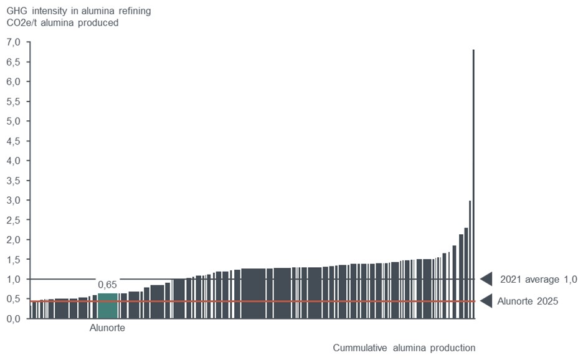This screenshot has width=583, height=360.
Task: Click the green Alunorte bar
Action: (x=108, y=305)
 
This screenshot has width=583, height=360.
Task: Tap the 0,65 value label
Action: (x=107, y=285)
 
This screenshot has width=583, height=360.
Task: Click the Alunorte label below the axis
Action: (x=107, y=328)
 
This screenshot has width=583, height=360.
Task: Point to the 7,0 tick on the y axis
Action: (x=13, y=42)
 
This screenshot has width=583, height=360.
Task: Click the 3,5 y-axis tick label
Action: (x=13, y=181)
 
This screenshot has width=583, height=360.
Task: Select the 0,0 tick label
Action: (x=13, y=319)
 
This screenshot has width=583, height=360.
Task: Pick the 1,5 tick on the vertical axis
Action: (x=13, y=260)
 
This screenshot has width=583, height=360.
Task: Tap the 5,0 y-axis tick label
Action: (x=13, y=121)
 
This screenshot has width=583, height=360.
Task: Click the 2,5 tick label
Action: (x=13, y=220)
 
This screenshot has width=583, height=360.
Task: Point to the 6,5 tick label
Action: (x=13, y=62)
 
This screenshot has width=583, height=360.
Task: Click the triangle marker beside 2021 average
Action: (x=487, y=279)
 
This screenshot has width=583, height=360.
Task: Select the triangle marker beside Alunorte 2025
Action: (x=487, y=301)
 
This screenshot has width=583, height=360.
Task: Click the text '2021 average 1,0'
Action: (x=539, y=279)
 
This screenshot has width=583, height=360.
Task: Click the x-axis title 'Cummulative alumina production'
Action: (x=404, y=348)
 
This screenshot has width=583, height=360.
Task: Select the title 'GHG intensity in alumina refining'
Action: (x=78, y=11)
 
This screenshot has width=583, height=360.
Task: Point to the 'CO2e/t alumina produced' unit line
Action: (x=62, y=23)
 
